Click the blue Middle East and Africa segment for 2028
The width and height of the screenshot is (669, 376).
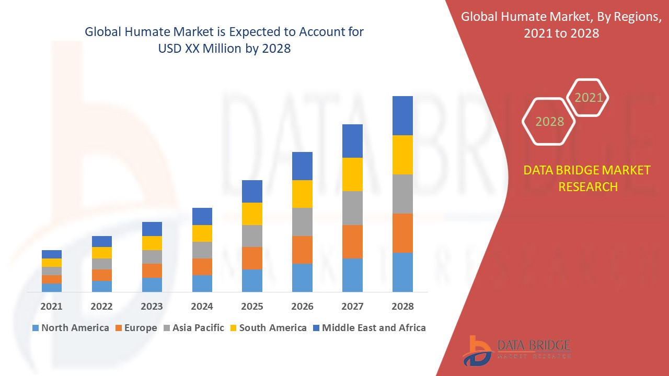[x=402, y=115]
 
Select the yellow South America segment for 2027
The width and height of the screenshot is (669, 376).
[x=352, y=174]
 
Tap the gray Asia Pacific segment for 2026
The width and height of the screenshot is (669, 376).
[x=302, y=222]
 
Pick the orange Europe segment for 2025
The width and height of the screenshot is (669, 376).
[x=252, y=258]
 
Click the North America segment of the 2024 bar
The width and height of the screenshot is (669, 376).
[x=202, y=283]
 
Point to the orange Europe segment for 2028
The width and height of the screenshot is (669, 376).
[x=402, y=233]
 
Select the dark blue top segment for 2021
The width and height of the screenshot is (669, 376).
[x=52, y=254]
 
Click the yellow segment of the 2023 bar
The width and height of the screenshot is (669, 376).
[x=152, y=243]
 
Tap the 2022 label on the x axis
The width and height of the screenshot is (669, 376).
[x=101, y=307]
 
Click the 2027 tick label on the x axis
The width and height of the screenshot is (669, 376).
[x=352, y=307]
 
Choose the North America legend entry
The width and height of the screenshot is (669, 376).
[x=71, y=328]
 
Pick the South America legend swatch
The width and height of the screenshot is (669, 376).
[x=233, y=328]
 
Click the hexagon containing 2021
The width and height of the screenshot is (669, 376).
[x=589, y=97]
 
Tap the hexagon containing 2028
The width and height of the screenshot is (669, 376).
[x=549, y=121]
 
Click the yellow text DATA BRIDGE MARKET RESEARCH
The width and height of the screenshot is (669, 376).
[x=588, y=178]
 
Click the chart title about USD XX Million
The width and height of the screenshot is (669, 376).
[x=224, y=40]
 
